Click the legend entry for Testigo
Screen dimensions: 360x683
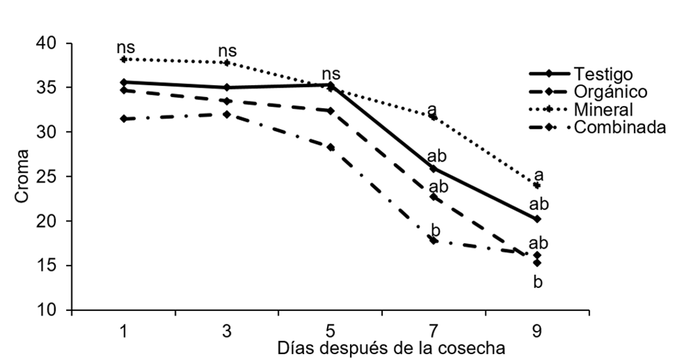(602, 73)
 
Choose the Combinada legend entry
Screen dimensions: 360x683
(620, 127)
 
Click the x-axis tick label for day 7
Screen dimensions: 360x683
(433, 332)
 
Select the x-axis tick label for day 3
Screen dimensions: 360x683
(227, 332)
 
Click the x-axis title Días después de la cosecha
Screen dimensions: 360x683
(391, 348)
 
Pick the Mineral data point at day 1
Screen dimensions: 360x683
(123, 59)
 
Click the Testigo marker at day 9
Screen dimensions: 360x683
(537, 219)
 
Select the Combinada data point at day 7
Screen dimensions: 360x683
(433, 240)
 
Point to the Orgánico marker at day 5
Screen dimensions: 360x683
(330, 111)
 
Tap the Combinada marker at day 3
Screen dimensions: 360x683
(227, 114)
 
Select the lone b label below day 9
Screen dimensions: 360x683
(538, 283)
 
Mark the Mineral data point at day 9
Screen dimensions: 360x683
(537, 185)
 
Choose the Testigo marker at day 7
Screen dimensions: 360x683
(433, 169)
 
